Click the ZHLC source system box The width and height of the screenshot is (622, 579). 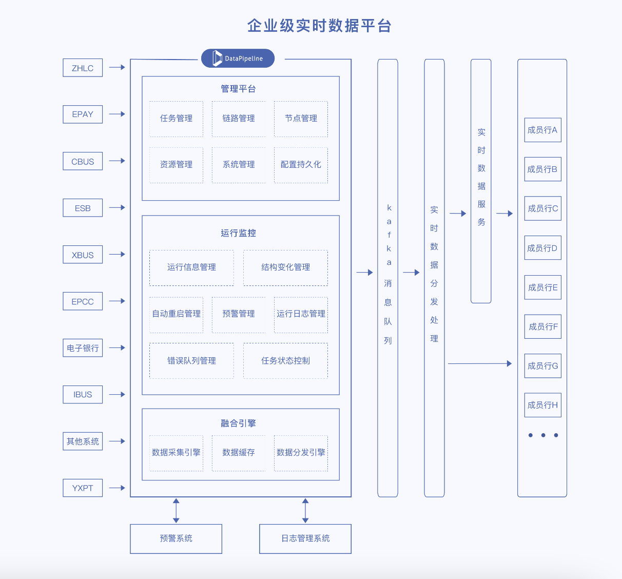tap(83, 68)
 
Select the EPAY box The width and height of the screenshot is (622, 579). tap(83, 114)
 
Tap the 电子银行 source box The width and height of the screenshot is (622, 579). tap(83, 348)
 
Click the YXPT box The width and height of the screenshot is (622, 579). tap(83, 488)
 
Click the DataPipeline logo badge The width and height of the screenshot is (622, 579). tap(238, 59)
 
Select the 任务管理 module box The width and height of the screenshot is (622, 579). tap(176, 119)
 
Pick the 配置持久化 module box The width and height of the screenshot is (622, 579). tap(301, 165)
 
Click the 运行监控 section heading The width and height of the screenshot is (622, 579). tap(238, 233)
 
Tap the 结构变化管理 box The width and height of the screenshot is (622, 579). tap(285, 267)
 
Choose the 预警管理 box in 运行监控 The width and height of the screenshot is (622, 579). tap(239, 314)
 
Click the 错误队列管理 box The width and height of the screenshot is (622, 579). tap(191, 361)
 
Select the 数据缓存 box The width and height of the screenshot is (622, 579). tap(239, 453)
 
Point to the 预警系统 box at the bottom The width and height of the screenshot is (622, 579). tap(176, 538)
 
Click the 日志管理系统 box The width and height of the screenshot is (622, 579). tap(305, 538)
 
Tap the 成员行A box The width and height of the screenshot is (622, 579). tap(542, 130)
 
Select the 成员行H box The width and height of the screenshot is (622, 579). tap(542, 405)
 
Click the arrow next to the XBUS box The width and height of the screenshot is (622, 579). tap(117, 254)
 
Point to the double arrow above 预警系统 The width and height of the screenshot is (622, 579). tap(176, 510)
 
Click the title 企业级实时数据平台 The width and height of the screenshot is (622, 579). tap(319, 26)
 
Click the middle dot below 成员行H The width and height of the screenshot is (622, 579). tap(543, 435)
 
